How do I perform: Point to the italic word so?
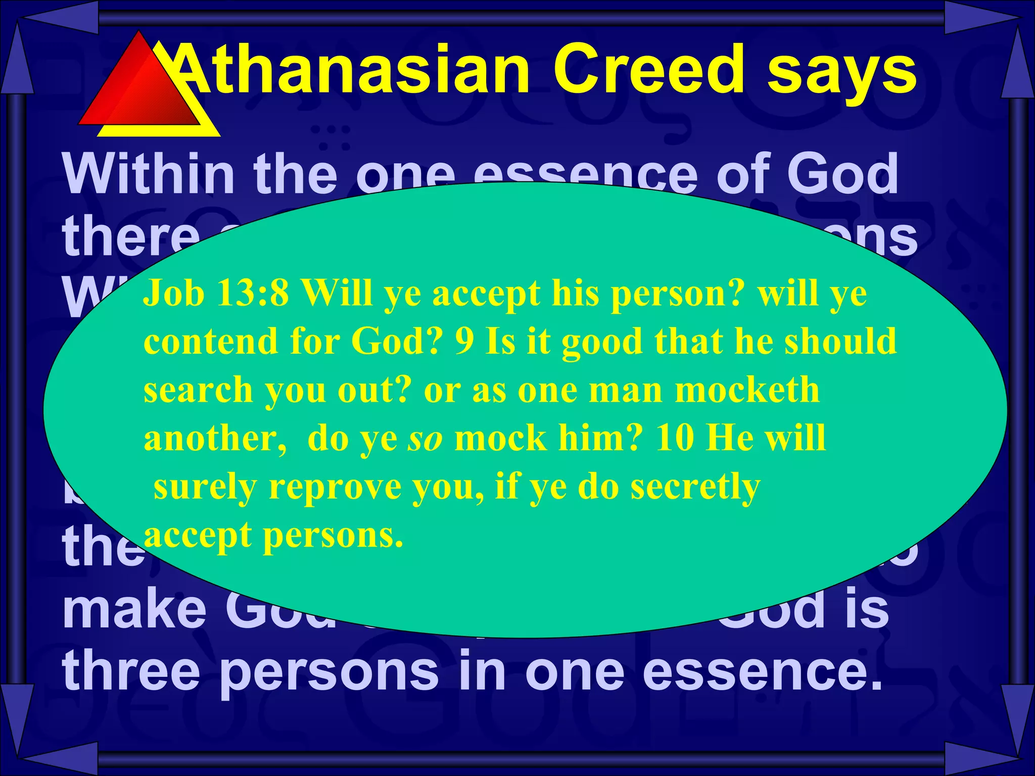[x=426, y=438]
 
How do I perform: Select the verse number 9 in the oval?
[x=464, y=341]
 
